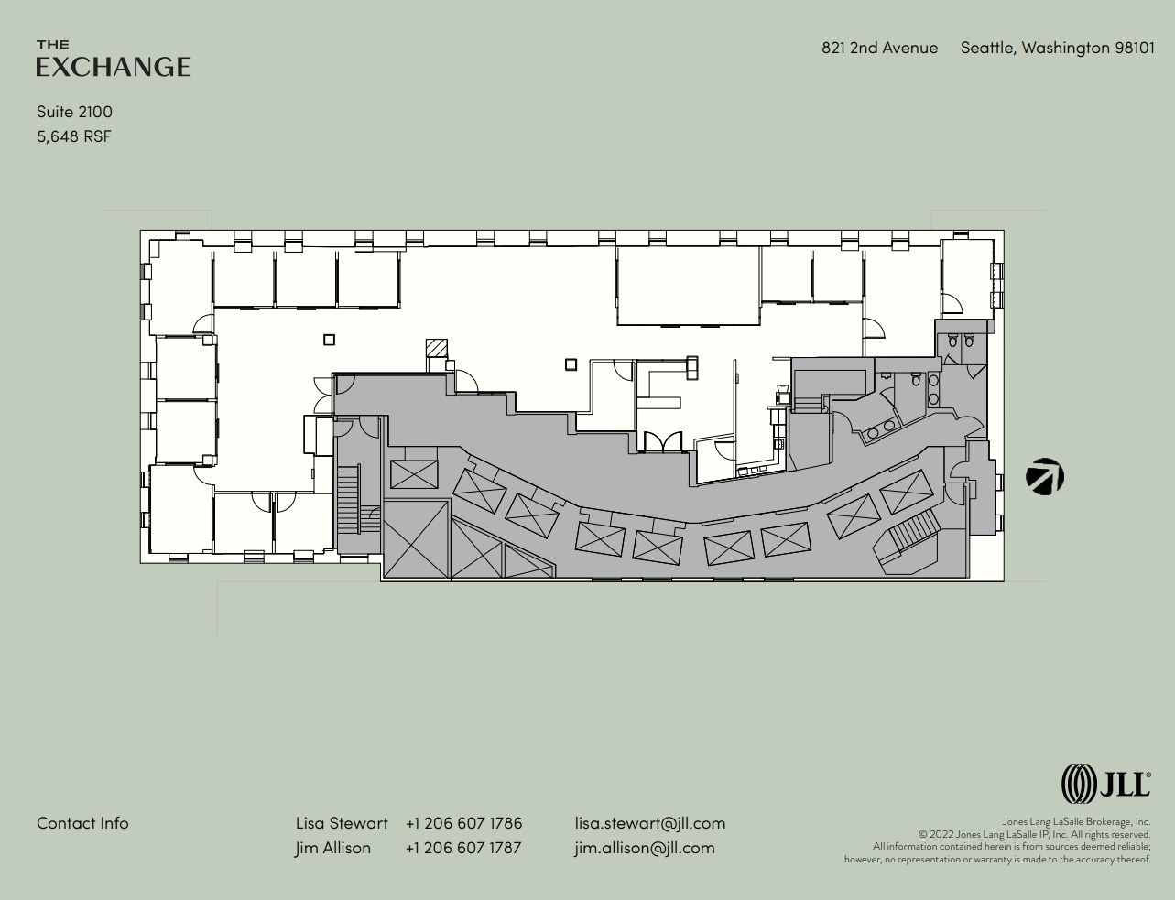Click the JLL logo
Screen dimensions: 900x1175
tap(1105, 785)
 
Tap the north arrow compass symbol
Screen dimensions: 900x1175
tap(1045, 477)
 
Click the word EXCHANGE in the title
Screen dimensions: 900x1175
tap(114, 67)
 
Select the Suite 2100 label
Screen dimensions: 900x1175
tap(74, 112)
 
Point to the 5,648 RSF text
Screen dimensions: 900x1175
tap(74, 136)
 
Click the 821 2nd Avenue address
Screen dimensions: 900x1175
tap(879, 48)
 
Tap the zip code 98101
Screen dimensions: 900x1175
tap(1135, 48)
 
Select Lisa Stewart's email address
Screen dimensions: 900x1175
tap(649, 823)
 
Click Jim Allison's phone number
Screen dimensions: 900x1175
tap(463, 848)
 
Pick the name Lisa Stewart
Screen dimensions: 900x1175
tap(342, 823)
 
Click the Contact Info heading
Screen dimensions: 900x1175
tap(82, 823)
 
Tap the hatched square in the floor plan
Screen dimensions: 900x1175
tap(437, 349)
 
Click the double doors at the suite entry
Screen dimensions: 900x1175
tap(662, 442)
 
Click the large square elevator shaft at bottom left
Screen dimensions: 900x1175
tap(416, 539)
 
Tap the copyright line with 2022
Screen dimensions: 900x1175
tap(1034, 834)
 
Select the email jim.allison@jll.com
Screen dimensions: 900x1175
tap(645, 848)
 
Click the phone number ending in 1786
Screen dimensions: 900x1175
tap(463, 823)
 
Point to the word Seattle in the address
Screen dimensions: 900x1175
tap(987, 48)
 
